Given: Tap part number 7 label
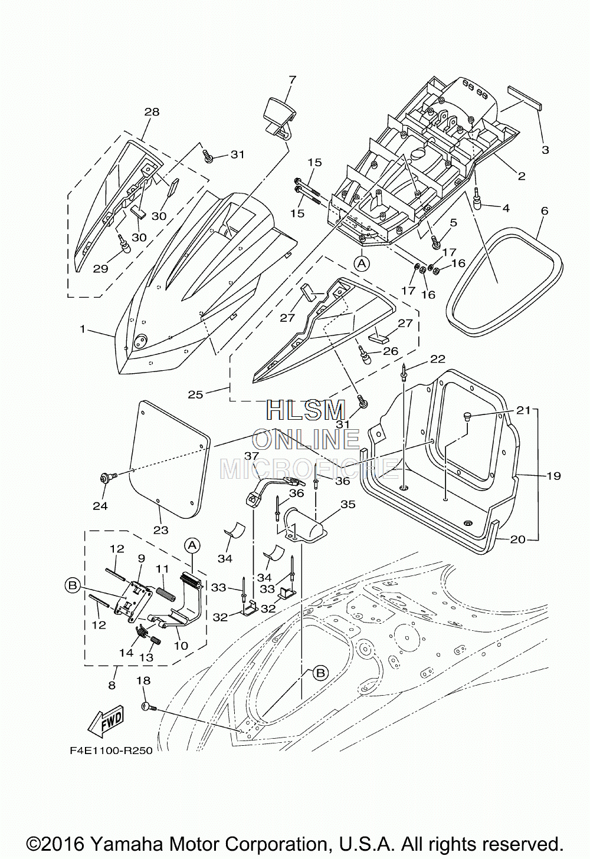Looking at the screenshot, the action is [x=292, y=80].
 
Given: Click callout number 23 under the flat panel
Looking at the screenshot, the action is [x=161, y=530].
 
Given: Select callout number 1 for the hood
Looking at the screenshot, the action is [x=83, y=328].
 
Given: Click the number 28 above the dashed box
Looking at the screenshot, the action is [x=152, y=112].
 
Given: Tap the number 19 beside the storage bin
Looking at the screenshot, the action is [x=553, y=476].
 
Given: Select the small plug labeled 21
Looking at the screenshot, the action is [x=467, y=416].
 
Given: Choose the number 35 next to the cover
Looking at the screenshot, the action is [x=348, y=504].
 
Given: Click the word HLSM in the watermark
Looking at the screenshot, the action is [x=306, y=410].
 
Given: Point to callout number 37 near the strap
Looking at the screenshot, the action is [x=252, y=456].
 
